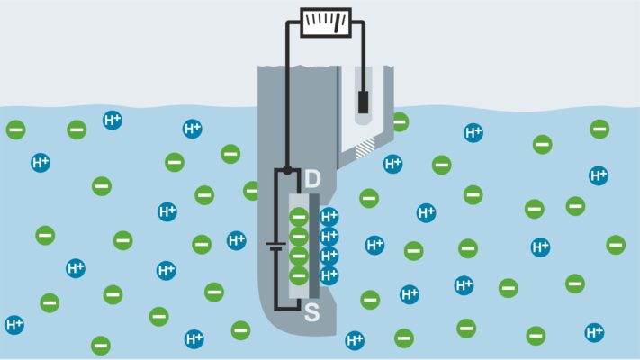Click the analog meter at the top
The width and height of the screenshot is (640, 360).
point(326,22)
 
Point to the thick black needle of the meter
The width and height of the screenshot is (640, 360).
point(338,22)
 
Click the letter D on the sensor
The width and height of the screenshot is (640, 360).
point(312,179)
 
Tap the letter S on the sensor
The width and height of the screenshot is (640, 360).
point(311,312)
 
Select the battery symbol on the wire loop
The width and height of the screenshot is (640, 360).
point(275,246)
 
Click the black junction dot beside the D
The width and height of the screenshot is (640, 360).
point(287,170)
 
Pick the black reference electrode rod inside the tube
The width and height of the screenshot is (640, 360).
point(363,102)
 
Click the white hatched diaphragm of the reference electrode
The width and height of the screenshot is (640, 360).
point(365,148)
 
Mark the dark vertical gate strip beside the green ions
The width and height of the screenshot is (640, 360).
point(314,246)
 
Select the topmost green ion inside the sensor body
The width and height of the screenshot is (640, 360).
point(299,217)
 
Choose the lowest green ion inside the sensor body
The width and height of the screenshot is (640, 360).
point(299,275)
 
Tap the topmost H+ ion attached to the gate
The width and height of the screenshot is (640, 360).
point(329,217)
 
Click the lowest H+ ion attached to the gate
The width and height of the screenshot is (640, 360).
point(329,275)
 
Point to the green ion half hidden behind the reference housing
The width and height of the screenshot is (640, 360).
point(401,122)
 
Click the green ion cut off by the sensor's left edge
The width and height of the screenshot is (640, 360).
point(251,191)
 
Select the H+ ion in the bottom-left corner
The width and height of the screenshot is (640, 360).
point(14,325)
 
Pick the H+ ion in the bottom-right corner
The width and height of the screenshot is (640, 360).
point(594,332)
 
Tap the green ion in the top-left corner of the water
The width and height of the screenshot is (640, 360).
point(16,130)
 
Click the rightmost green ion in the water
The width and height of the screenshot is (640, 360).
point(616,245)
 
